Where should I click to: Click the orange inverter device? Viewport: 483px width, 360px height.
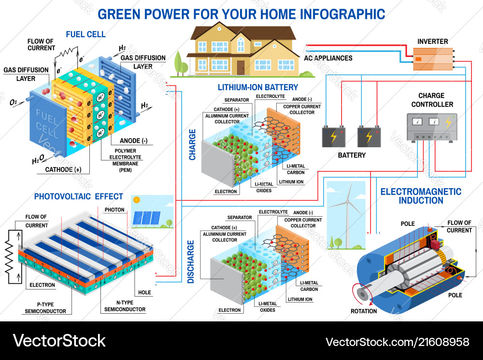(x=432, y=59)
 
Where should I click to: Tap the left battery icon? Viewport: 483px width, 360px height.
(x=334, y=136)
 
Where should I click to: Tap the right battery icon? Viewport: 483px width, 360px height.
(x=369, y=136)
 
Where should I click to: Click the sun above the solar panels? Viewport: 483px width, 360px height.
(x=137, y=199)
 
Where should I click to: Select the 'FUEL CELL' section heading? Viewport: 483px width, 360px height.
(x=86, y=34)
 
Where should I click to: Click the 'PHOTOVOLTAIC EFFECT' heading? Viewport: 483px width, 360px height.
(x=79, y=196)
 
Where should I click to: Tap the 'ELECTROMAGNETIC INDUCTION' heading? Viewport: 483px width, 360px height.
(x=421, y=196)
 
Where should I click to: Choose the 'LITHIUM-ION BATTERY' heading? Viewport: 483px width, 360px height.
(x=258, y=87)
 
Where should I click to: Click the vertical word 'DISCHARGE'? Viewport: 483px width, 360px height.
(x=191, y=261)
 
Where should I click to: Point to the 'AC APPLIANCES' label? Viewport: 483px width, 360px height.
(x=328, y=58)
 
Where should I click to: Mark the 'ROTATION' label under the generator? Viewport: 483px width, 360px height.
(x=364, y=311)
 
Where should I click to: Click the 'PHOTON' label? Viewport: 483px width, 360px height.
(x=114, y=210)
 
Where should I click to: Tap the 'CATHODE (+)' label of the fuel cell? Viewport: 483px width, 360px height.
(x=63, y=169)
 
